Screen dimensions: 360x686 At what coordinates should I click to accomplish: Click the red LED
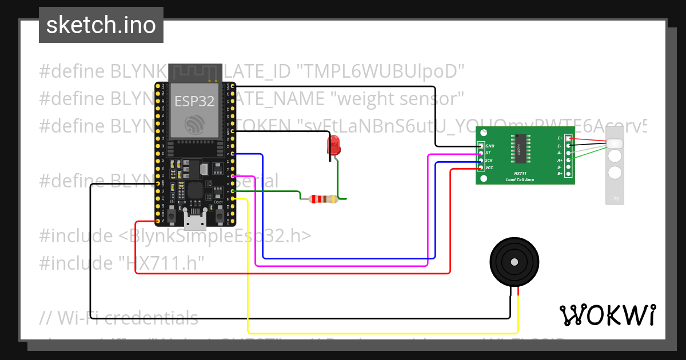point(333,146)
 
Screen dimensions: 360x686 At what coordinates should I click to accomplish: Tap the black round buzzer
point(514,262)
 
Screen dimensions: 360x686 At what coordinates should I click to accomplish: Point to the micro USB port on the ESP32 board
point(195,219)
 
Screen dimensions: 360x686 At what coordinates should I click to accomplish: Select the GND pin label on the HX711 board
point(490,146)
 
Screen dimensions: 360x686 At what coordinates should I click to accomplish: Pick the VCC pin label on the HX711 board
point(490,167)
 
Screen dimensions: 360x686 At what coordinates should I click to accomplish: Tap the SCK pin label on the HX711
point(489,161)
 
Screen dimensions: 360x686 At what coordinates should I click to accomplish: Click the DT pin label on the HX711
point(489,153)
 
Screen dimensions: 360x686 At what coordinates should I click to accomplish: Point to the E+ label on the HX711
point(560,138)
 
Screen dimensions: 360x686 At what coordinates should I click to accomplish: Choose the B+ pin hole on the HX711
point(568,173)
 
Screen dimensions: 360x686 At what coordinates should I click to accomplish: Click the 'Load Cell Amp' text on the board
point(520,179)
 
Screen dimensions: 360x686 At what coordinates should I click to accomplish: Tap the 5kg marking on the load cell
point(615,198)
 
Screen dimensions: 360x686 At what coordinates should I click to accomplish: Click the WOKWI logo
point(607,315)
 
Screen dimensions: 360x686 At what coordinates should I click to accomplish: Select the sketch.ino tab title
point(101,25)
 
